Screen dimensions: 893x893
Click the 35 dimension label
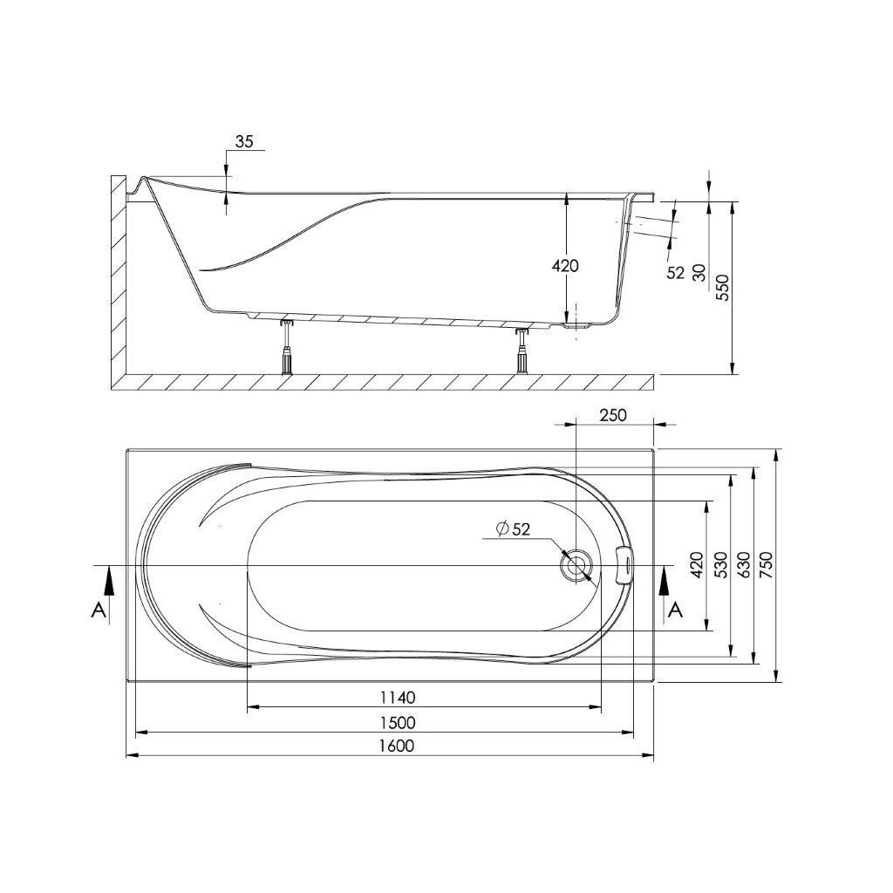(244, 142)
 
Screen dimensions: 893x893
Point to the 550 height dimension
(722, 287)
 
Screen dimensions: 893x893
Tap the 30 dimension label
(699, 272)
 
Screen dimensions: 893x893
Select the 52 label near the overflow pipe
(675, 273)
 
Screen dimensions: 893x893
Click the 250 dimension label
(613, 415)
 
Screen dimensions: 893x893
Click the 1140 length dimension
(397, 697)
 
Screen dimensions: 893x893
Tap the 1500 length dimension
(397, 722)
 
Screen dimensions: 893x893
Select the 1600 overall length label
(397, 746)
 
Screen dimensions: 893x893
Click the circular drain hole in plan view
(576, 566)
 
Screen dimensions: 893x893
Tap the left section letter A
(99, 610)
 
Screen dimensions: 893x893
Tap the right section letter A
(673, 610)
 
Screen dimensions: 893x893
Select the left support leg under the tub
(285, 346)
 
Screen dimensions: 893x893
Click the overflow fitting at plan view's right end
(624, 564)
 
